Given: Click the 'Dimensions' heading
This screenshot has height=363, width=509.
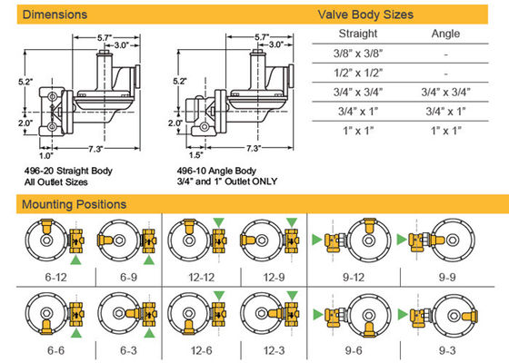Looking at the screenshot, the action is tap(55, 15).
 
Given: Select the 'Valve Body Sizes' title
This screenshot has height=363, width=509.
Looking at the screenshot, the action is tap(365, 15).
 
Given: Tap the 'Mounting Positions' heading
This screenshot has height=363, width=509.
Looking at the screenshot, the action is tap(74, 204).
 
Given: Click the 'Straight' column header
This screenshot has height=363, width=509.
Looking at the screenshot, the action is tap(358, 34).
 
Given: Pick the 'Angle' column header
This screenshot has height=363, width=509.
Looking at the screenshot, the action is tap(445, 34).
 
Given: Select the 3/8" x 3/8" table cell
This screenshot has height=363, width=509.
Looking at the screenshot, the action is tap(358, 54).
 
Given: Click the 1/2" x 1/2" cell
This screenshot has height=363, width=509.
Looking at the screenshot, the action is tap(358, 73).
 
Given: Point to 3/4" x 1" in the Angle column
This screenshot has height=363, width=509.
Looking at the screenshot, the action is tap(445, 112).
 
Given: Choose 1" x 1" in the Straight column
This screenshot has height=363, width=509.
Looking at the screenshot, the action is tap(358, 131).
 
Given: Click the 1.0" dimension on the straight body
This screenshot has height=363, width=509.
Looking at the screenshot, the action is tap(45, 156).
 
